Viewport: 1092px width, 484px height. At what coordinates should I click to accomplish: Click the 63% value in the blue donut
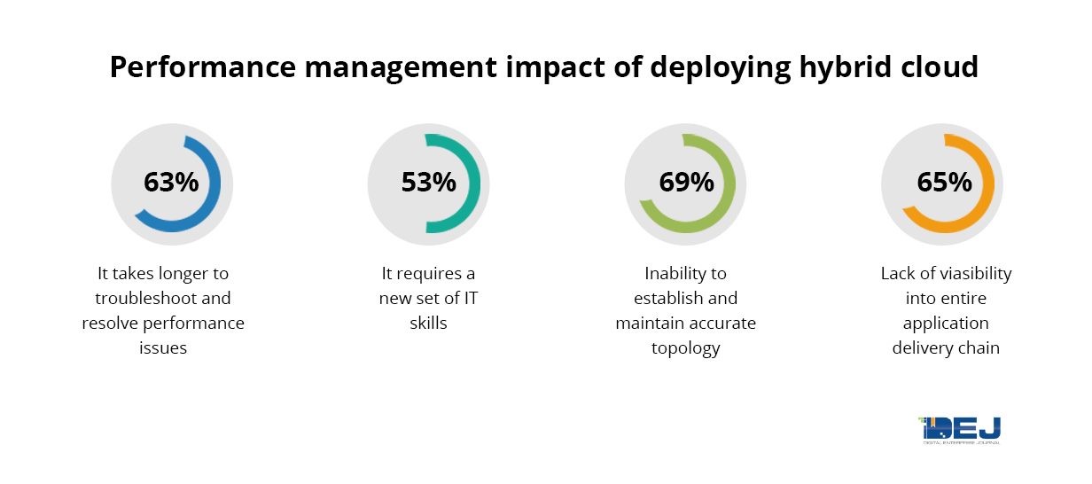[x=171, y=183]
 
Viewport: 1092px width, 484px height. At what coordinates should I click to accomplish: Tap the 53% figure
[x=428, y=183]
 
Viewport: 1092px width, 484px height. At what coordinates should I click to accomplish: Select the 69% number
[x=686, y=183]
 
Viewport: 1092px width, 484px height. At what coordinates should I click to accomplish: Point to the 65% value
[x=944, y=183]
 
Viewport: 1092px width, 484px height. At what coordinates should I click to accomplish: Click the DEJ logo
[x=960, y=429]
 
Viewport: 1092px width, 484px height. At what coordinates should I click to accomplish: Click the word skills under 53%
[x=428, y=323]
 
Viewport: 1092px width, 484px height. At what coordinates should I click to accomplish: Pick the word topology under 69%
[x=686, y=347]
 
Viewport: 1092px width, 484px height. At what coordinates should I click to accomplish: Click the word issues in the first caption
[x=163, y=347]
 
